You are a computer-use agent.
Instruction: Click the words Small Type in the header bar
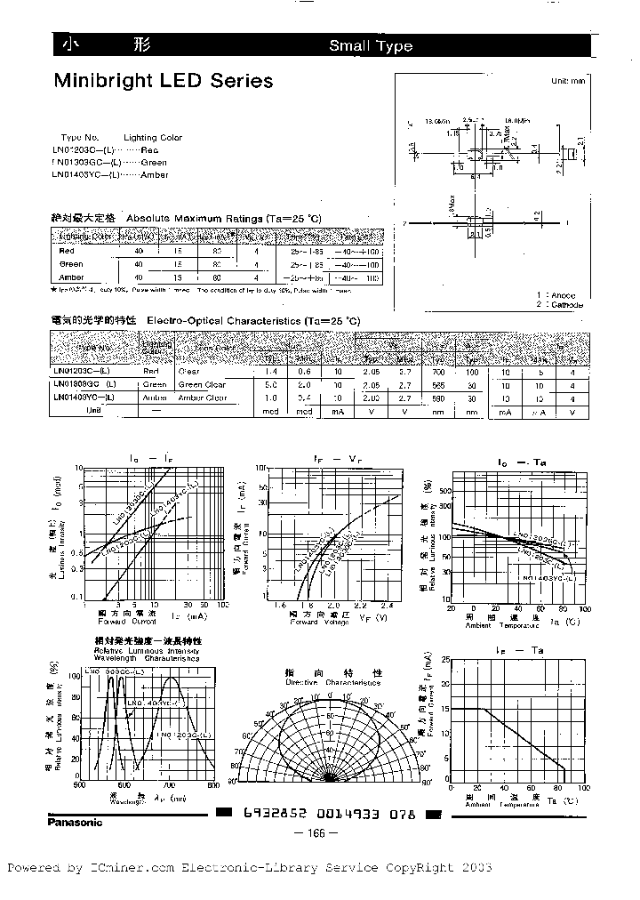(x=371, y=46)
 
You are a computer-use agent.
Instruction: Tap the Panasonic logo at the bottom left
(x=74, y=822)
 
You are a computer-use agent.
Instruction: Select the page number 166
(x=318, y=833)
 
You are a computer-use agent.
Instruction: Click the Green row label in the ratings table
(x=71, y=264)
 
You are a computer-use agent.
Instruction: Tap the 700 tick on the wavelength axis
(x=169, y=786)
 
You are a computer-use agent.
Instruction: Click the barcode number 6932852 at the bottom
(x=268, y=816)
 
